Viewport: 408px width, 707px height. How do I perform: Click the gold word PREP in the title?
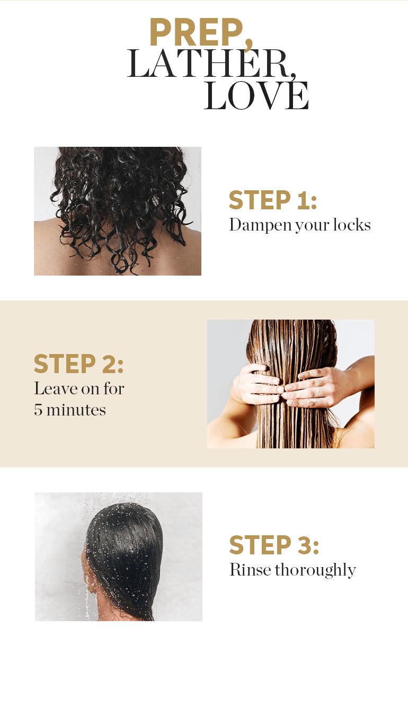pyautogui.click(x=196, y=32)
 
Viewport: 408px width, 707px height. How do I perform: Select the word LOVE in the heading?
pyautogui.click(x=256, y=95)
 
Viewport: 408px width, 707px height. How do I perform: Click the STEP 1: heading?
pyautogui.click(x=273, y=200)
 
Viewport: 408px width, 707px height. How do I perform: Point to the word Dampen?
pyautogui.click(x=260, y=225)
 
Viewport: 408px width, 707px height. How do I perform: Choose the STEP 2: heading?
pyautogui.click(x=78, y=364)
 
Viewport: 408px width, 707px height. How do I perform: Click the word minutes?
pyautogui.click(x=76, y=410)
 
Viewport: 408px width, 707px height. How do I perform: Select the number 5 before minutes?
pyautogui.click(x=38, y=410)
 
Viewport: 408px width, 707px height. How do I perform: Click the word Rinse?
pyautogui.click(x=250, y=570)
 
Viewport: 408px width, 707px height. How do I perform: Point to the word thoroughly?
pyautogui.click(x=315, y=570)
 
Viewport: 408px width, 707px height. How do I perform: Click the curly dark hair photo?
pyautogui.click(x=118, y=211)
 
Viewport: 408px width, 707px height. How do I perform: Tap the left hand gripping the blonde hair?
pyautogui.click(x=257, y=384)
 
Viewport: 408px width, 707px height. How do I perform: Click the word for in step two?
pyautogui.click(x=114, y=388)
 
